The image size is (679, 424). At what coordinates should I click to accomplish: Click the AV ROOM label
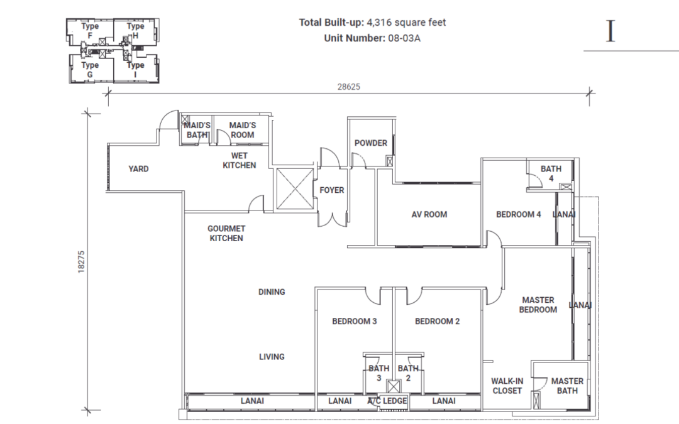[x=429, y=214]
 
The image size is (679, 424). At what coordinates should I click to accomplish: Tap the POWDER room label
[x=370, y=143]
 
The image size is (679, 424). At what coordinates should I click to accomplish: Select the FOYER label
[x=332, y=190]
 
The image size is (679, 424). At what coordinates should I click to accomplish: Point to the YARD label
[x=138, y=169]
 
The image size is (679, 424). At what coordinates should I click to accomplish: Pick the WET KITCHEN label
[x=240, y=161]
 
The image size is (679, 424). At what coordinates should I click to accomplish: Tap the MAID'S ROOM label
[x=242, y=130]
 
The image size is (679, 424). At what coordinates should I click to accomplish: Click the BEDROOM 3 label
[x=355, y=322]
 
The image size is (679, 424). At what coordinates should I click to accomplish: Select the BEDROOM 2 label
[x=438, y=322]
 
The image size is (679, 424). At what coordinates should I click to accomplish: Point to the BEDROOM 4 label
[x=519, y=214]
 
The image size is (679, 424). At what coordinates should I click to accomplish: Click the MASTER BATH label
[x=567, y=386]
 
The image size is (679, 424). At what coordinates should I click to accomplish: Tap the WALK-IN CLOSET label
[x=507, y=386]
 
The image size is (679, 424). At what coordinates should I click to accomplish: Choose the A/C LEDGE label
[x=388, y=401]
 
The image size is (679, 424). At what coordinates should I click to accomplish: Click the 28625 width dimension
[x=348, y=87]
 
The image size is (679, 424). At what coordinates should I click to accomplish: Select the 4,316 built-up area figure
[x=380, y=23]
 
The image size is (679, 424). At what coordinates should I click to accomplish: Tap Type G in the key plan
[x=90, y=69]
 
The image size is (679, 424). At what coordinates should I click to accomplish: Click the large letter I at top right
[x=610, y=32]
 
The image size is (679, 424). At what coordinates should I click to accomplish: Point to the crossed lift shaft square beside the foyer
[x=295, y=189]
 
